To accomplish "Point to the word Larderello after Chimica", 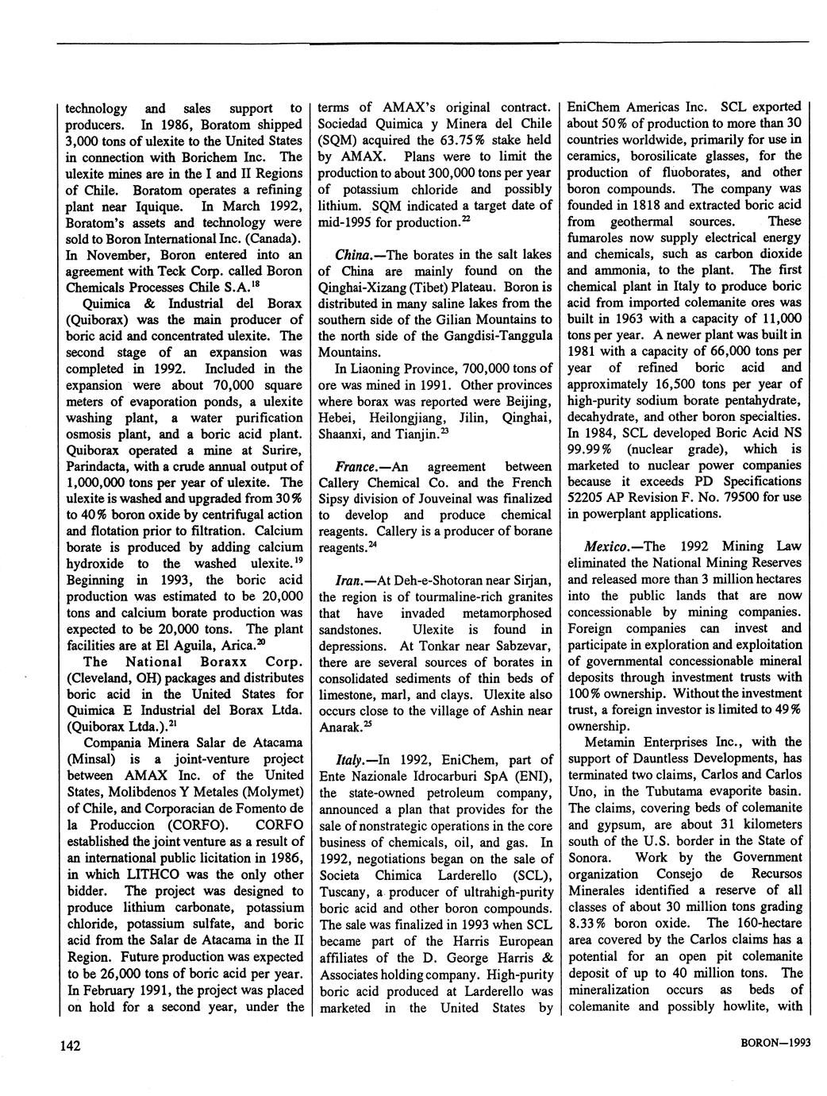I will [454, 874].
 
